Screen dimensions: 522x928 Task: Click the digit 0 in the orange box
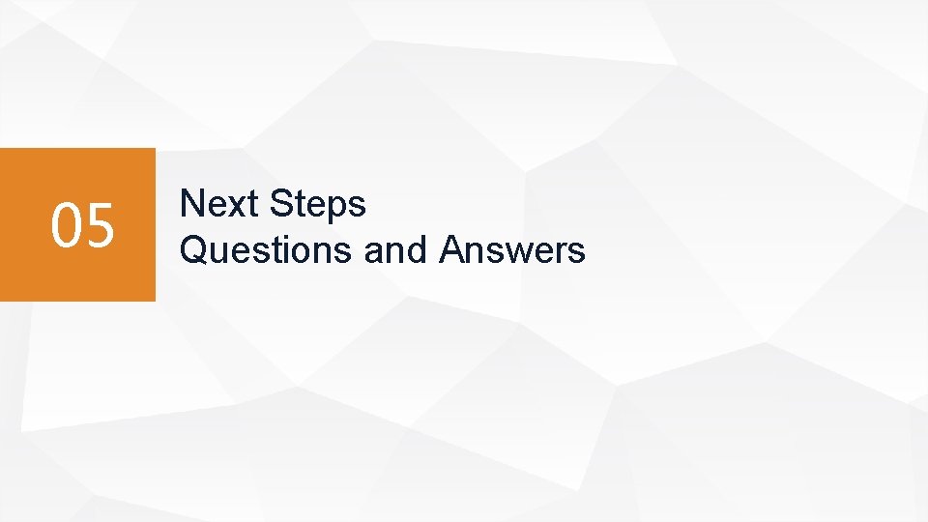67,225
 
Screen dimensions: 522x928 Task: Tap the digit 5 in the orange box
100,225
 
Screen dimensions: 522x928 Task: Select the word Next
219,204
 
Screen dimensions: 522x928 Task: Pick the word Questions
267,250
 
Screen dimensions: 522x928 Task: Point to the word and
395,250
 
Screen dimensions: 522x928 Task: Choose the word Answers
512,250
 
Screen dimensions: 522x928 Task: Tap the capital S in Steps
281,204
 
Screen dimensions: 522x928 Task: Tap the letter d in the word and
417,250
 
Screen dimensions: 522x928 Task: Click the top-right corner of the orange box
154,149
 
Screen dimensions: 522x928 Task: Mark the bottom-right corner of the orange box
154,300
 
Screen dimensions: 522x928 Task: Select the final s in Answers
577,253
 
